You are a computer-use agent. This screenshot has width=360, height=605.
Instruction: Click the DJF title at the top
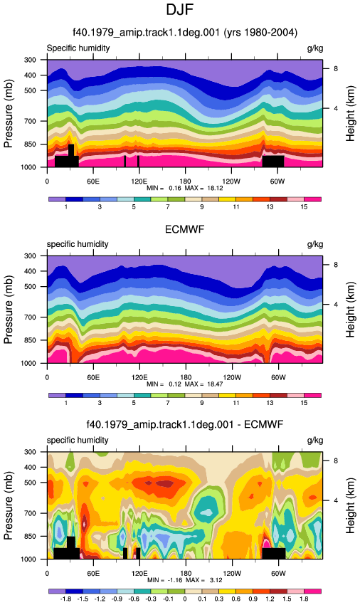[x=179, y=9]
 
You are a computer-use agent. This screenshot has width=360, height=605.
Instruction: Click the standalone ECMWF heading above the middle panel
[x=184, y=230]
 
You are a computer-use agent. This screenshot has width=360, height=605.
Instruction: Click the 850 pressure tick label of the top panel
[x=30, y=144]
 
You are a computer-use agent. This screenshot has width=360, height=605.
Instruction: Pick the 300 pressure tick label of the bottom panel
[x=30, y=452]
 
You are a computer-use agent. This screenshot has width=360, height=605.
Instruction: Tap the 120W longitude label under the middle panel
[x=232, y=377]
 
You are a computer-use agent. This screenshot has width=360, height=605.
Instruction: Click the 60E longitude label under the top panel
[x=93, y=181]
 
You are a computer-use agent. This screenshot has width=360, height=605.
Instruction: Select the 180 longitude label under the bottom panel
[x=186, y=573]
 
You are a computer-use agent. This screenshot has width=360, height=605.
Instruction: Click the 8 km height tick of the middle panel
[x=336, y=265]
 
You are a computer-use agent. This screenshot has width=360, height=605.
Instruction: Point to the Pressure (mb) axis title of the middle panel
[x=9, y=309]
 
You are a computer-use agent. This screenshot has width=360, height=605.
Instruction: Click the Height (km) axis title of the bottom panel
[x=350, y=505]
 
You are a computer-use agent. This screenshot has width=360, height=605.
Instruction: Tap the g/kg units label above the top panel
[x=315, y=48]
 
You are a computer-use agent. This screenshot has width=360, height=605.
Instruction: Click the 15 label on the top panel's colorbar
[x=304, y=207]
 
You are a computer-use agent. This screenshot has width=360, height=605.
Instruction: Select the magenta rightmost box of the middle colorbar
[x=312, y=396]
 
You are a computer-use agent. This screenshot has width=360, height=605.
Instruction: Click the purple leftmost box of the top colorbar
[x=57, y=199]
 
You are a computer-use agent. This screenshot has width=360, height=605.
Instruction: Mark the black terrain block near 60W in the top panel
[x=273, y=162]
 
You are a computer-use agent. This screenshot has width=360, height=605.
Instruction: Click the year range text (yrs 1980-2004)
[x=260, y=32]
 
